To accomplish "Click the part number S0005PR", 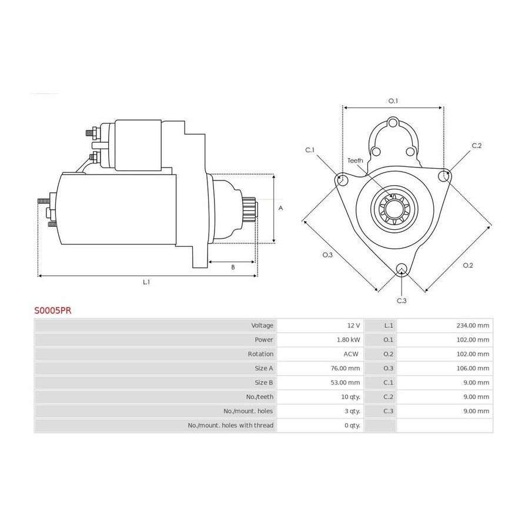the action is (x=53, y=310).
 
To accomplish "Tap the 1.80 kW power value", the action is (x=348, y=340).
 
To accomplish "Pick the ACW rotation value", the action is (x=351, y=354).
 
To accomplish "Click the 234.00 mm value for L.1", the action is (x=473, y=326).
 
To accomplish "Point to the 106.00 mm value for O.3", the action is (x=473, y=369).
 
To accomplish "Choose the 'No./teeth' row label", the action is (x=259, y=397).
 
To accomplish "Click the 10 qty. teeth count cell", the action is (x=350, y=397).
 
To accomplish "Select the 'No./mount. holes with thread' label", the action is (x=230, y=426).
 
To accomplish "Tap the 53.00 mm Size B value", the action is (x=345, y=383).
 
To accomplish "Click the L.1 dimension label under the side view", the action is (x=146, y=282).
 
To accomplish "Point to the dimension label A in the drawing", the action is (x=280, y=208).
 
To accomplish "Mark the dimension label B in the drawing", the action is (x=233, y=267).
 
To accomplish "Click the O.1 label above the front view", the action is (x=393, y=101).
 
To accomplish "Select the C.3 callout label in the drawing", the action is (x=401, y=300).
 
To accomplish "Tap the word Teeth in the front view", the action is (x=355, y=160).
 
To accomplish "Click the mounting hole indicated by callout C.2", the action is (x=444, y=176).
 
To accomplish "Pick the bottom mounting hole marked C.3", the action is (x=401, y=269).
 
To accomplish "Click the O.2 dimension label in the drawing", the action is (x=468, y=266).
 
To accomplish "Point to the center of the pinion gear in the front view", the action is (x=394, y=209).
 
